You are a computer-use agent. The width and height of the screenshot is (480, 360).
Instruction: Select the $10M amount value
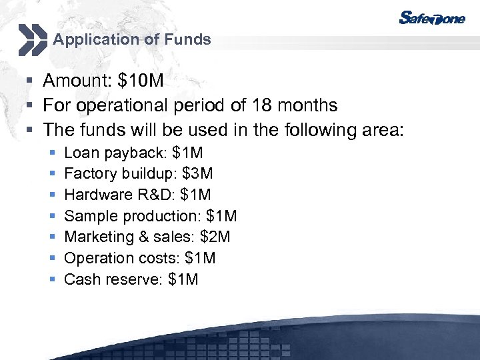pyautogui.click(x=140, y=81)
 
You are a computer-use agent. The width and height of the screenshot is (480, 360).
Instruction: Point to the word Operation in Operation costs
pyautogui.click(x=93, y=258)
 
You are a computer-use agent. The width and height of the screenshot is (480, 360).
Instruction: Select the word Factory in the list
pyautogui.click(x=87, y=174)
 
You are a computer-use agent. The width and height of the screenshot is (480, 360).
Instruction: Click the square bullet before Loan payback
pyautogui.click(x=53, y=153)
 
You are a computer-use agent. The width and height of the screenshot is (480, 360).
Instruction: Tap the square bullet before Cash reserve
pyautogui.click(x=53, y=280)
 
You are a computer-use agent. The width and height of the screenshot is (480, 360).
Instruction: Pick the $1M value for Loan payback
pyautogui.click(x=188, y=153)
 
